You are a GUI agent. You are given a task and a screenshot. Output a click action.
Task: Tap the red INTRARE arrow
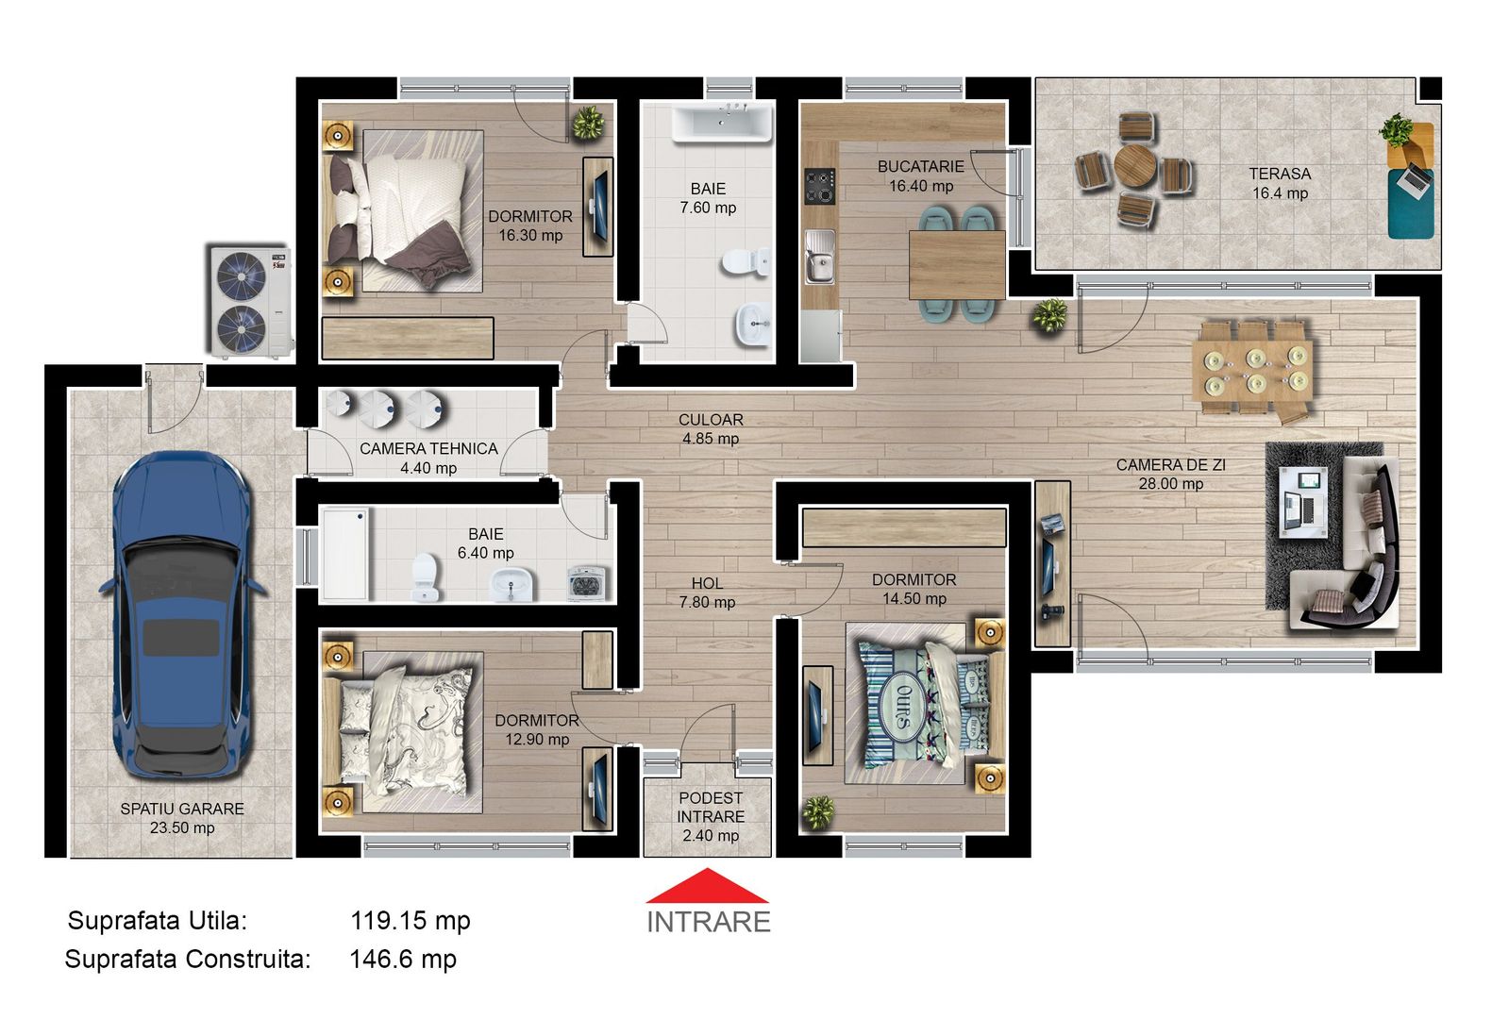707,888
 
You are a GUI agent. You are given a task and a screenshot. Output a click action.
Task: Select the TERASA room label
1280,175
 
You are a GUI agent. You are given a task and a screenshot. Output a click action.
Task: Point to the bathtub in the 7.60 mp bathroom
722,124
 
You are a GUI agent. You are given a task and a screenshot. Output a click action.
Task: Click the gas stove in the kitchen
818,187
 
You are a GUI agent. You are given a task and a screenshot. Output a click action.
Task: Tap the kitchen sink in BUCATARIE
819,256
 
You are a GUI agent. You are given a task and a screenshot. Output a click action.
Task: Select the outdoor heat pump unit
247,302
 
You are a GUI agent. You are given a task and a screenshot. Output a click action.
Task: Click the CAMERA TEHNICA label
428,449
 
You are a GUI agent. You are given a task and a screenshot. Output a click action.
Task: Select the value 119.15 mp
410,921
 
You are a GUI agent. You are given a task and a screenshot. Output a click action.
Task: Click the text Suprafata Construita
187,960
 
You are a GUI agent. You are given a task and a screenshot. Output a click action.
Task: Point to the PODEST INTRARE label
710,816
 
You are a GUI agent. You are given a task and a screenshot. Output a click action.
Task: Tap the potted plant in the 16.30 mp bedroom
588,123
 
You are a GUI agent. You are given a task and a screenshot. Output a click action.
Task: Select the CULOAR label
711,420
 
